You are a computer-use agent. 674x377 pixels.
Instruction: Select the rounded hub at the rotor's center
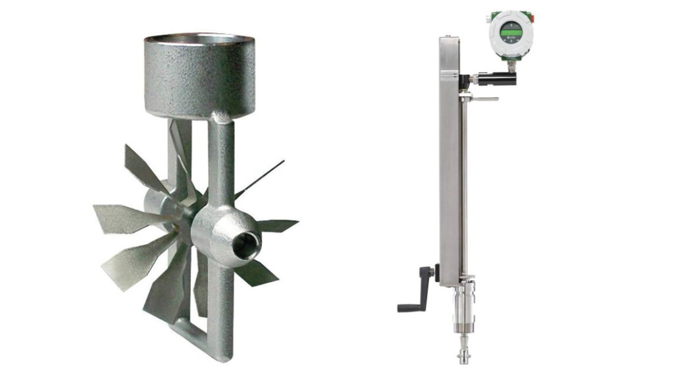coord(220,234)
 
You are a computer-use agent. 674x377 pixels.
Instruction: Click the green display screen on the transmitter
coord(511,30)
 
